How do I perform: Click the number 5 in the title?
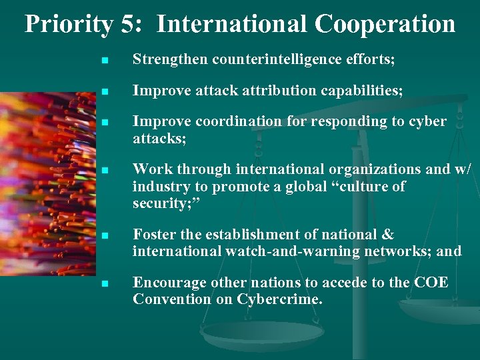[128, 24]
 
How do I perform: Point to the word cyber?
[428, 122]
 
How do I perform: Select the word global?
[294, 186]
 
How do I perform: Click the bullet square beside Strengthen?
[104, 61]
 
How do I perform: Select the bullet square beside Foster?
[104, 235]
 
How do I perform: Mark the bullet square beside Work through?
[104, 170]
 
